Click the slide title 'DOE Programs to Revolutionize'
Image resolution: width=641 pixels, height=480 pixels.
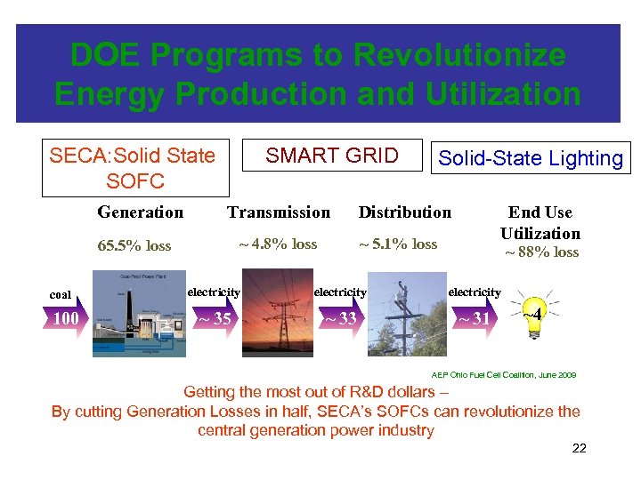pyautogui.click(x=318, y=55)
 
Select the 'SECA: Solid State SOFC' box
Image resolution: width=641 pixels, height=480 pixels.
pyautogui.click(x=134, y=168)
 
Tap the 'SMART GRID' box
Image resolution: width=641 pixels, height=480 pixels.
pyautogui.click(x=332, y=156)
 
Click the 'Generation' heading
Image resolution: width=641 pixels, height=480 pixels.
pyautogui.click(x=140, y=212)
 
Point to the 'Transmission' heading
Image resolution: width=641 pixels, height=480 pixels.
pyautogui.click(x=279, y=212)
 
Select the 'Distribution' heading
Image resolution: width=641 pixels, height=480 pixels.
pyautogui.click(x=404, y=212)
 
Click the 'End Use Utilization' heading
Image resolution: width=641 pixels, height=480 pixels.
pyautogui.click(x=540, y=222)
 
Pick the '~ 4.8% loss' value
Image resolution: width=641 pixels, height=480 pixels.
pyautogui.click(x=277, y=244)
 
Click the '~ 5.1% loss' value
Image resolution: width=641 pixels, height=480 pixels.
pyautogui.click(x=398, y=244)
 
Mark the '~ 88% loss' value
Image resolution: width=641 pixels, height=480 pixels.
pyautogui.click(x=542, y=252)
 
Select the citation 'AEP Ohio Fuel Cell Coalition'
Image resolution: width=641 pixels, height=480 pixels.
pyautogui.click(x=503, y=375)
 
